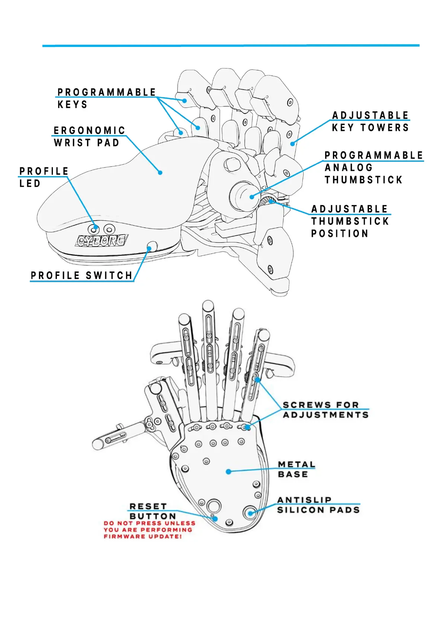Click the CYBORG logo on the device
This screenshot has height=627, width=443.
(102, 241)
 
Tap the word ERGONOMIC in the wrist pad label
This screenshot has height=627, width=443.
(90, 130)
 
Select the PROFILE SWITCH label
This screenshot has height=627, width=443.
(81, 276)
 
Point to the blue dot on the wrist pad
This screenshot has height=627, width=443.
(160, 172)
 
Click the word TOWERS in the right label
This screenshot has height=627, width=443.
(385, 128)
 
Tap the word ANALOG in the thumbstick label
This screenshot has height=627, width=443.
(349, 168)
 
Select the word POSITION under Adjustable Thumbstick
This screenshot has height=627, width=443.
(340, 233)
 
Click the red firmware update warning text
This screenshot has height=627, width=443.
(149, 530)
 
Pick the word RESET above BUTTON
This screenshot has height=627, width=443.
(148, 506)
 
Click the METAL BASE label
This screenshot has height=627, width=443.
(296, 469)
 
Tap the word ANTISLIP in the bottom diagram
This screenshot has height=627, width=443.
(304, 500)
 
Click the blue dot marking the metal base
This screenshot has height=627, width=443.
(228, 471)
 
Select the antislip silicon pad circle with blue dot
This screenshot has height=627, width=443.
(250, 513)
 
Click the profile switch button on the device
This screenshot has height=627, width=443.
(152, 246)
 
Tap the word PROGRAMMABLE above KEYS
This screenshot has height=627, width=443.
(107, 92)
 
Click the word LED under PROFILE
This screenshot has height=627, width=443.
(30, 184)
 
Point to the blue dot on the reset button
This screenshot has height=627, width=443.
(215, 519)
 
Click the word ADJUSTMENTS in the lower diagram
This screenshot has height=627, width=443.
(325, 415)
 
